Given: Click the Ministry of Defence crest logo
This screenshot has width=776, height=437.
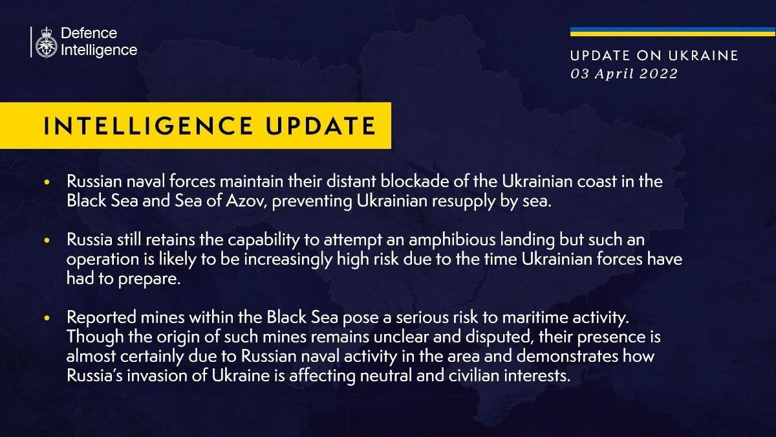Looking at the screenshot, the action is point(46,42).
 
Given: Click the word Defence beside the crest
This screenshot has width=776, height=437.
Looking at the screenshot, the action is point(89,33).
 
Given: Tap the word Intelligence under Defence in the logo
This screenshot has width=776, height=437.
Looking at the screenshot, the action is point(99,50).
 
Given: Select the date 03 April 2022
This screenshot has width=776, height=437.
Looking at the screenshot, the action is point(624,74).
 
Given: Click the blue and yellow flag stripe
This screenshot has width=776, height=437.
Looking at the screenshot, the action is point(673,32).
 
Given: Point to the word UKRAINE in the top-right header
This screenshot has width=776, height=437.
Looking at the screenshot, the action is point(704,56).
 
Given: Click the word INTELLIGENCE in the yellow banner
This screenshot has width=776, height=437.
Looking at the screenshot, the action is point(148,126).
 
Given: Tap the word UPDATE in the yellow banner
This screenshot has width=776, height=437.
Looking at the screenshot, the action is point(321,126).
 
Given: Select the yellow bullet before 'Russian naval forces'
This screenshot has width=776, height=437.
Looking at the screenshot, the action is point(47,182).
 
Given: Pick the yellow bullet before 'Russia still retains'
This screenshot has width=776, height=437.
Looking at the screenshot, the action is point(47,240).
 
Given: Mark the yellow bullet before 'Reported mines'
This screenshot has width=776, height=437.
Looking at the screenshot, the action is point(47,317).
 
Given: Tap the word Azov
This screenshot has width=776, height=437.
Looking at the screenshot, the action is point(246,201).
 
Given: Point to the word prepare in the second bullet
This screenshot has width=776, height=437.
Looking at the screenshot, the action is point(148,279).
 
